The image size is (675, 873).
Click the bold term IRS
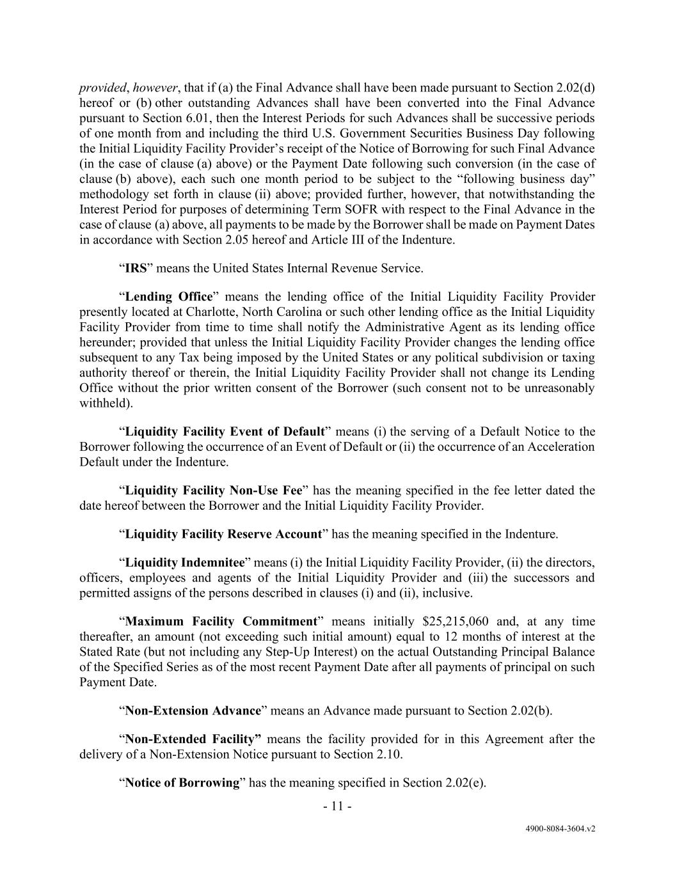(136, 268)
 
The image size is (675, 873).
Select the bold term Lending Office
(169, 296)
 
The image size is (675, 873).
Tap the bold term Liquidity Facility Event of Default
(225, 432)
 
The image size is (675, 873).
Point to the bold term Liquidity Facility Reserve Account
(223, 534)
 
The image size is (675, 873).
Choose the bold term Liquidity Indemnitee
(185, 562)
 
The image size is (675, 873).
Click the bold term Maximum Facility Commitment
(221, 621)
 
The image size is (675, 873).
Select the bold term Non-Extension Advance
(193, 711)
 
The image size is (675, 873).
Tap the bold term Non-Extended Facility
(193, 739)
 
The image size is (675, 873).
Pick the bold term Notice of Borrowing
(182, 782)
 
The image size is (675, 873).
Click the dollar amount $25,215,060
(456, 621)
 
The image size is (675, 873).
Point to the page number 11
(337, 806)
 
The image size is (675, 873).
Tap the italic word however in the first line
(155, 88)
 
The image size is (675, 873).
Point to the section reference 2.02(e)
(465, 782)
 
